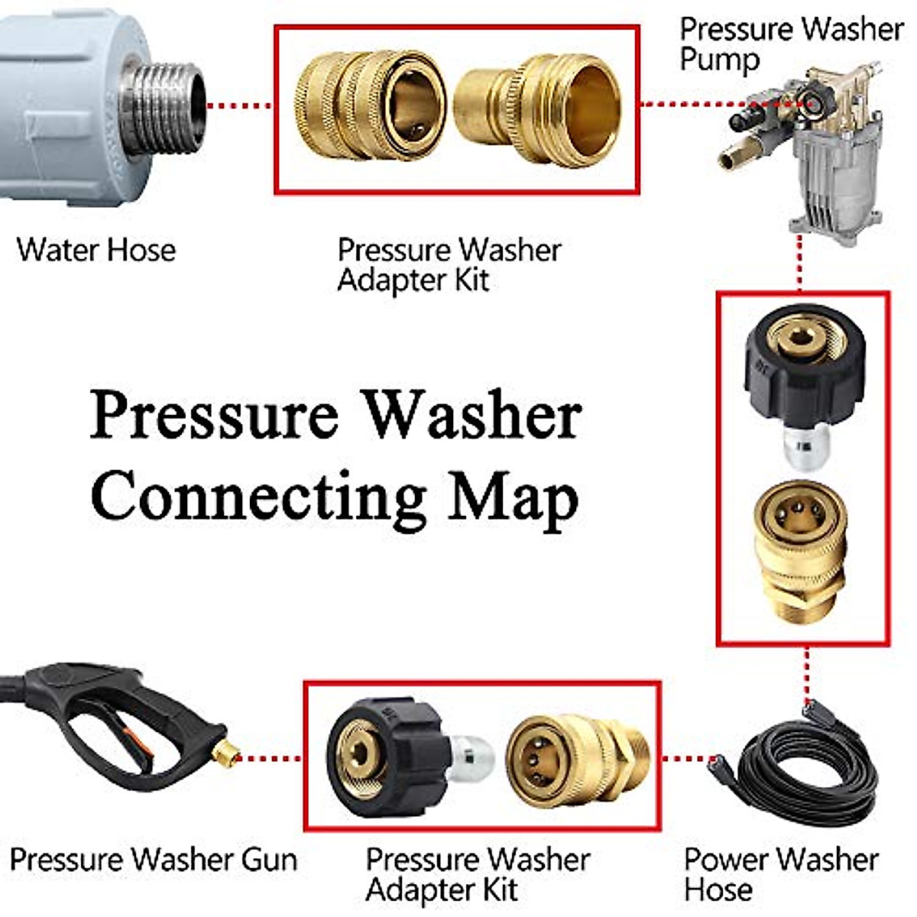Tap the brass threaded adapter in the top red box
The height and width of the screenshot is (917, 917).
(x=538, y=108)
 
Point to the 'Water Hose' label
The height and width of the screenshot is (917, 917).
(x=96, y=250)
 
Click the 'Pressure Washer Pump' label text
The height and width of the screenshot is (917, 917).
(x=790, y=44)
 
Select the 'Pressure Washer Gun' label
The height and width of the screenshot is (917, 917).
(x=154, y=860)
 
